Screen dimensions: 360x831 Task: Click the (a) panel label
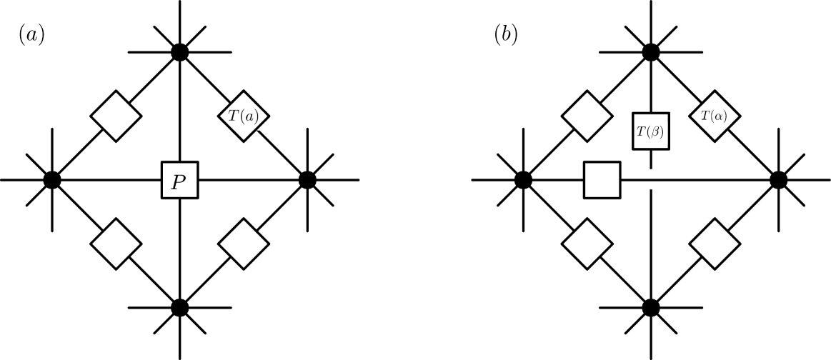(x=32, y=36)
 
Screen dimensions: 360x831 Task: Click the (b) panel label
(x=507, y=36)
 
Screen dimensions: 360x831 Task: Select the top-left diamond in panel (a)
(x=116, y=116)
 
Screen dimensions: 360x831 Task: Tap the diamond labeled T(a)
(x=244, y=116)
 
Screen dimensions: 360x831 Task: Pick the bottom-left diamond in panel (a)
(x=116, y=244)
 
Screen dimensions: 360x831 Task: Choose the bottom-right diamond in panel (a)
(x=244, y=244)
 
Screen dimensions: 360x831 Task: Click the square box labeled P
(x=179, y=180)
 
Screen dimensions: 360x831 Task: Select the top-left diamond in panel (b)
(x=587, y=116)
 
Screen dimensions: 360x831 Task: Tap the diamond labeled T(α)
(x=715, y=116)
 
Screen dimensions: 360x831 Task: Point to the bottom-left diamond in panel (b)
(x=587, y=244)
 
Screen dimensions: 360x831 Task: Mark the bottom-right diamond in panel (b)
(x=715, y=244)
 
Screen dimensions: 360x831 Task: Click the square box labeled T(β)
(x=651, y=131)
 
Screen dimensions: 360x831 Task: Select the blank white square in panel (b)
(x=602, y=180)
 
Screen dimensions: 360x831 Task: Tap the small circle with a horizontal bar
(x=652, y=179)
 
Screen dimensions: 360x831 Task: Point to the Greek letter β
(x=656, y=131)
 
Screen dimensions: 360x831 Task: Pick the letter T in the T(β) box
(x=641, y=131)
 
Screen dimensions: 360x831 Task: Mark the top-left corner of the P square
(x=164, y=164)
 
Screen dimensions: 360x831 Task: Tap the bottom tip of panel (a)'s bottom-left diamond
(x=116, y=267)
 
